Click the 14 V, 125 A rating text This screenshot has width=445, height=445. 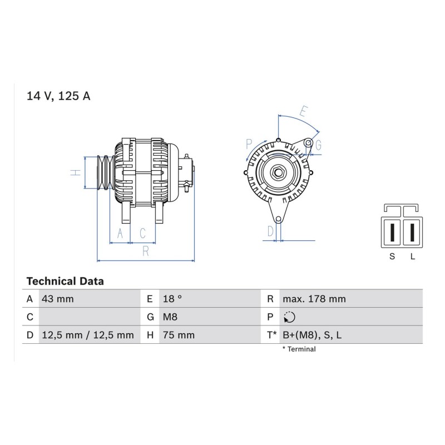point(58,96)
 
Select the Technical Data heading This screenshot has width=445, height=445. point(65,281)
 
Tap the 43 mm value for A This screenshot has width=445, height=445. point(58,299)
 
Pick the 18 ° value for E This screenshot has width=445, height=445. point(172,299)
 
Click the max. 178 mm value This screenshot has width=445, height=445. point(314,299)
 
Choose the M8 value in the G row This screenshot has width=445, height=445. point(170,317)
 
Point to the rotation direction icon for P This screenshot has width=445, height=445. point(289,317)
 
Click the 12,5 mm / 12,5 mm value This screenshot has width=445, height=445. point(88,335)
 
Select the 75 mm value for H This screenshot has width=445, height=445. point(179,335)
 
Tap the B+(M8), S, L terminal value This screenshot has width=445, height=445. point(312,335)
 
